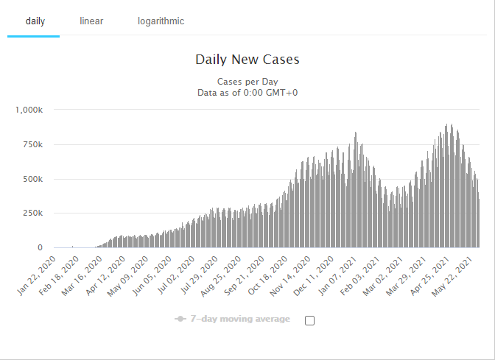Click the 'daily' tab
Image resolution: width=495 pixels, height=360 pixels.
coord(35,21)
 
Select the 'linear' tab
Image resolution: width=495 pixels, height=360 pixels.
coord(91,21)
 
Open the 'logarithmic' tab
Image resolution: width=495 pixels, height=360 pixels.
coord(161,21)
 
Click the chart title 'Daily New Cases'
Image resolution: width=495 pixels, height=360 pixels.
coord(248,60)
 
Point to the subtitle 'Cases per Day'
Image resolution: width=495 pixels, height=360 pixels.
coord(248,82)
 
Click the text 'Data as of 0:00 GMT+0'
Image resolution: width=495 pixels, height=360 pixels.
coord(248,93)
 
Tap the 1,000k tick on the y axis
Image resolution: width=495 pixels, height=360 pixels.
coord(29,110)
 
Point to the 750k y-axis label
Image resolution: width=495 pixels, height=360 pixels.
coord(32,144)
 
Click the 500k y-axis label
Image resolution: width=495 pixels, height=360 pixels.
coord(32,179)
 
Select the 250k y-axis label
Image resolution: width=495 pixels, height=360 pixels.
coord(32,213)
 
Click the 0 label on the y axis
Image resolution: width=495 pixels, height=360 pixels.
coord(40,247)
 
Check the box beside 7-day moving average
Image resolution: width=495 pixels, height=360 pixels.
coord(309,320)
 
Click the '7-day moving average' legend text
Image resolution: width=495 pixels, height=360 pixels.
coord(240,319)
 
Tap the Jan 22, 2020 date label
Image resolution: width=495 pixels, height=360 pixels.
coord(37,276)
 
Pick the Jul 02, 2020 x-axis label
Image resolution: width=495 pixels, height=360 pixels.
coord(176,276)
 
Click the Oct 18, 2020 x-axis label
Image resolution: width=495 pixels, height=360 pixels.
coord(268,276)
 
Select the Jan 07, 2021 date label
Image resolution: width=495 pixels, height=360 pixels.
coord(337,276)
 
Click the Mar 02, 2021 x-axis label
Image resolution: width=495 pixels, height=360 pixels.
coord(383,276)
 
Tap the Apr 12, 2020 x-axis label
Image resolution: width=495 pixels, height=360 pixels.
coord(106,276)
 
